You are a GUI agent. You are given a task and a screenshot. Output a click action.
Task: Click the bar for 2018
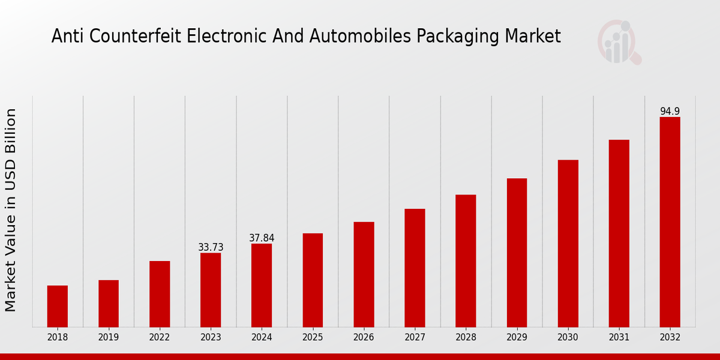(x=58, y=306)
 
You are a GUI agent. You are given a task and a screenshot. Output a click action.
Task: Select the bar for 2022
(x=160, y=294)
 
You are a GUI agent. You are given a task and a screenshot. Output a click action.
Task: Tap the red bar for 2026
(x=364, y=274)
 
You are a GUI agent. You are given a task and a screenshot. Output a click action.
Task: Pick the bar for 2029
(x=517, y=253)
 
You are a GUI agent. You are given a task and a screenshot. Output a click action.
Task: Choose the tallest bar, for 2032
(x=670, y=222)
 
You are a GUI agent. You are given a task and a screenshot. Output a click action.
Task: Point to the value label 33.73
(x=211, y=247)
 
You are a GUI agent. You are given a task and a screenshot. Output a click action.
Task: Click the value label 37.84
(x=262, y=238)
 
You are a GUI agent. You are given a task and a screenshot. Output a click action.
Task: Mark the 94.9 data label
(x=670, y=112)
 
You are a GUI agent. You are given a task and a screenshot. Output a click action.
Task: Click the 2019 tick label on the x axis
(x=109, y=337)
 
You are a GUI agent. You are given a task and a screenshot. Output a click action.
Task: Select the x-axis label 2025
(x=313, y=337)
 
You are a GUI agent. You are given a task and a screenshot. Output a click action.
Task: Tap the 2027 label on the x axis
(x=415, y=337)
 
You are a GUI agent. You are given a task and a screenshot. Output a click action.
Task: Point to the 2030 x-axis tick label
(x=568, y=337)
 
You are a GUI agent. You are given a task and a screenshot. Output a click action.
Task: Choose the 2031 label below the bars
(x=619, y=337)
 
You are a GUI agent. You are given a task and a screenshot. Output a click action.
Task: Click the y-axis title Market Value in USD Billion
(x=11, y=210)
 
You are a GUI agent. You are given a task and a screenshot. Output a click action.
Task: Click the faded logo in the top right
(x=619, y=42)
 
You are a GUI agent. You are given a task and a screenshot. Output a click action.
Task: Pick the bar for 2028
(x=466, y=260)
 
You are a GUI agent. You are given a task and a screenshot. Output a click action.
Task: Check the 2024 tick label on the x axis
(x=262, y=337)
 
